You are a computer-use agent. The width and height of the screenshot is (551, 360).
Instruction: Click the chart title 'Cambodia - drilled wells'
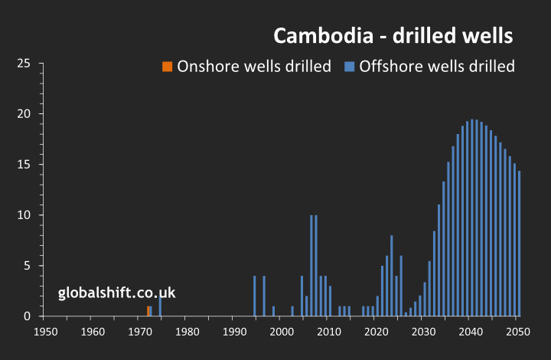393,36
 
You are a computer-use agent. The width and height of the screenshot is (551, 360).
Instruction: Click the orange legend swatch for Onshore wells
167,67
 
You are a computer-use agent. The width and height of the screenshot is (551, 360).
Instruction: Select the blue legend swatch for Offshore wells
350,67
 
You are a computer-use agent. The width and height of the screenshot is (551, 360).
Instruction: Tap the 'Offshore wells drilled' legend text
437,67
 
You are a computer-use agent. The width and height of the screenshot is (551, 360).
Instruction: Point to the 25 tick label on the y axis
24,64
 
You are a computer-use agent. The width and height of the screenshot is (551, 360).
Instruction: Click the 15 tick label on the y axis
24,165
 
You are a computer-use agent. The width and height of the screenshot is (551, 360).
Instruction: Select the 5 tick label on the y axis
27,266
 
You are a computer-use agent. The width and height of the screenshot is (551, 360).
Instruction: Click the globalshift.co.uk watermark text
117,293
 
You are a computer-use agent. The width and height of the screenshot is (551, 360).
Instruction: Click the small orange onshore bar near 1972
148,311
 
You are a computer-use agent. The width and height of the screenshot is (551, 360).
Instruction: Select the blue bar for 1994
254,296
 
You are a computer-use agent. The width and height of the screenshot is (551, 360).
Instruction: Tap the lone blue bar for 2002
292,311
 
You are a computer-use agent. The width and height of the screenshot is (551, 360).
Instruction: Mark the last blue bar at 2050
519,243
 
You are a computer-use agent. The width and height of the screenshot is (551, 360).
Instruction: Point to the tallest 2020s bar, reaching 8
391,276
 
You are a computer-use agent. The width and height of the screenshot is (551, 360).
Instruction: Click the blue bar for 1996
264,296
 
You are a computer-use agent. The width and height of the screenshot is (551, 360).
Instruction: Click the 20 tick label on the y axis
24,114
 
